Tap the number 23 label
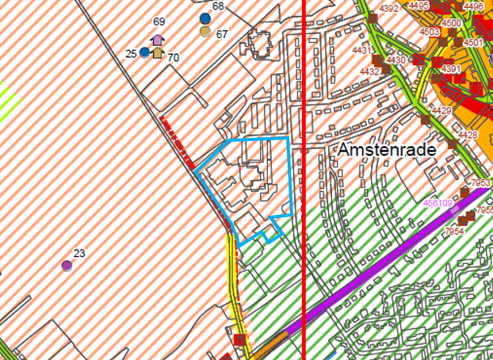click(x=79, y=254)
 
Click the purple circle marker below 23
click(x=67, y=266)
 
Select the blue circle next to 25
click(x=144, y=53)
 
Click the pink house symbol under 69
click(x=158, y=40)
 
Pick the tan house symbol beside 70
click(x=158, y=53)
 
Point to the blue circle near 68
click(x=205, y=18)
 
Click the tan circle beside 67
click(x=205, y=32)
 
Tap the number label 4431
click(x=363, y=51)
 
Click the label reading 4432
click(x=369, y=71)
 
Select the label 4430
click(x=396, y=60)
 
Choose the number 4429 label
click(x=442, y=110)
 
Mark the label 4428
click(x=468, y=136)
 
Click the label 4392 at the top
click(x=389, y=9)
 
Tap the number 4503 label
click(x=430, y=33)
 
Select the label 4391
click(x=451, y=70)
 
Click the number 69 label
click(x=159, y=21)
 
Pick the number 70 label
click(x=174, y=57)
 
